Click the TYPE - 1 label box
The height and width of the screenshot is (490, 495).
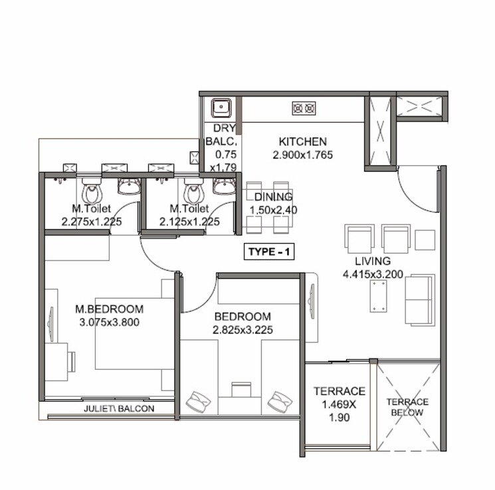pyautogui.click(x=269, y=252)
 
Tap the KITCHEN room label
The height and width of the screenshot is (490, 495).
pyautogui.click(x=302, y=141)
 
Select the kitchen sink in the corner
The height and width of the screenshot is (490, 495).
pyautogui.click(x=220, y=108)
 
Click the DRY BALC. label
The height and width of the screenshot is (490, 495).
pyautogui.click(x=221, y=135)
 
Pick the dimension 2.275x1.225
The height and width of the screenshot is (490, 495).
pyautogui.click(x=92, y=222)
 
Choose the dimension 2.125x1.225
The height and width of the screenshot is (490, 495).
pyautogui.click(x=189, y=222)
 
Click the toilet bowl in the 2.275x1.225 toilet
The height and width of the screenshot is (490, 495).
pyautogui.click(x=92, y=194)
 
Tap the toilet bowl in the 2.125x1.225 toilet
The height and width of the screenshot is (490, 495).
pyautogui.click(x=193, y=194)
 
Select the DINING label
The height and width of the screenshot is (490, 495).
pyautogui.click(x=273, y=197)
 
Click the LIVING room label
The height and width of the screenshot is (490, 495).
pyautogui.click(x=372, y=261)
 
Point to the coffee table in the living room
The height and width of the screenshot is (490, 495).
pyautogui.click(x=380, y=295)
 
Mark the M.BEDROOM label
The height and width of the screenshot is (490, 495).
pyautogui.click(x=110, y=309)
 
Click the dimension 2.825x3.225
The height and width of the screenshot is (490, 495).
pyautogui.click(x=243, y=329)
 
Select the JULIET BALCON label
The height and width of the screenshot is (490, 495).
pyautogui.click(x=119, y=409)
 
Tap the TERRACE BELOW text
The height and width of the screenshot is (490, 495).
pyautogui.click(x=407, y=407)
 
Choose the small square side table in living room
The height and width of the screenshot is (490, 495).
pyautogui.click(x=425, y=239)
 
